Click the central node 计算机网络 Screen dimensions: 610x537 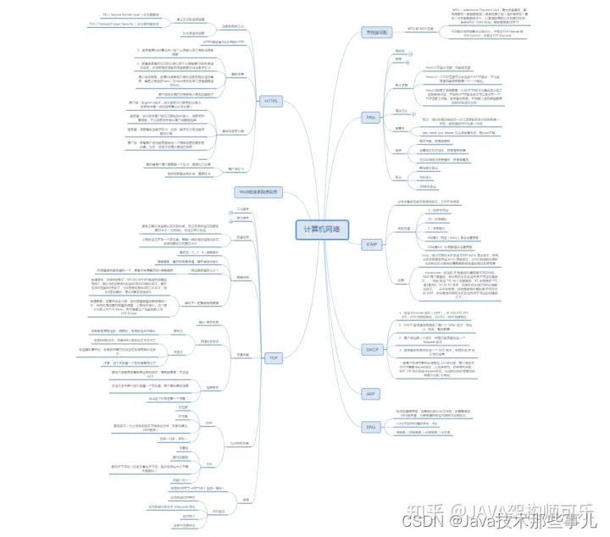(x=320, y=230)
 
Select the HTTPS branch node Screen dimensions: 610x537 (x=270, y=100)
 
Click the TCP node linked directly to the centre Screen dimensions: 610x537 (x=274, y=358)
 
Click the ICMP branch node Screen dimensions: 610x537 (x=370, y=244)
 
